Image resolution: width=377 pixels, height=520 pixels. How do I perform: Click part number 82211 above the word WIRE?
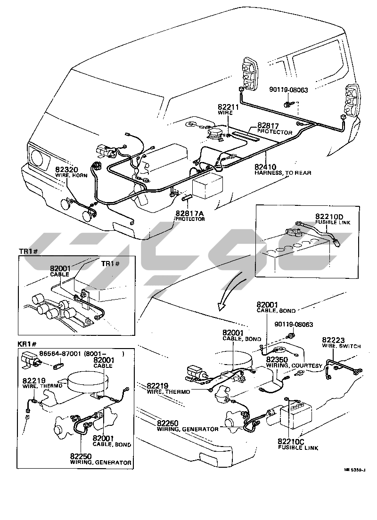pos(229,107)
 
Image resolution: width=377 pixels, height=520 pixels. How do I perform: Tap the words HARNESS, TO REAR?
pos(283,173)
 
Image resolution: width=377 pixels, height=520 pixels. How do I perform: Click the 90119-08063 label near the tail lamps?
pos(288,89)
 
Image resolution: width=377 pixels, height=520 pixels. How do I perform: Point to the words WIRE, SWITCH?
pos(342,346)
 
